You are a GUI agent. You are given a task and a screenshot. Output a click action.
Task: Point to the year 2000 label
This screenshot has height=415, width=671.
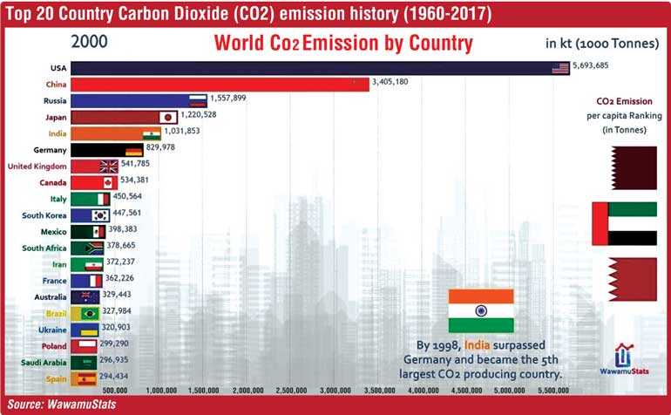pos(90,43)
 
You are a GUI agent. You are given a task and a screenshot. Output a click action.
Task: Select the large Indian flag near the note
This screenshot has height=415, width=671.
pos(481,310)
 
